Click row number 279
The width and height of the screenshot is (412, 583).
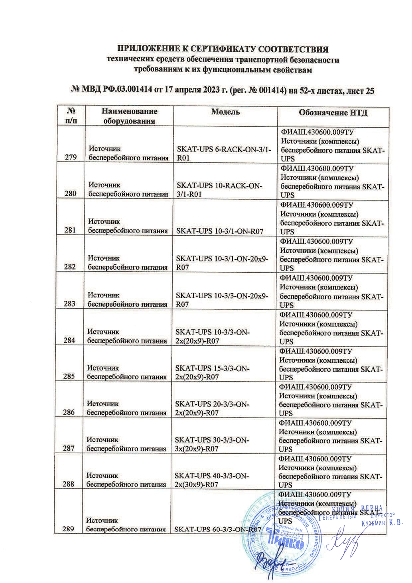tap(71, 158)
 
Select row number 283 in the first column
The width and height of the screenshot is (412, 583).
tap(71, 304)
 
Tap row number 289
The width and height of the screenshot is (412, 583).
tap(71, 529)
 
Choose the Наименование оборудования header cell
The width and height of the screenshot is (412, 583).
tap(129, 116)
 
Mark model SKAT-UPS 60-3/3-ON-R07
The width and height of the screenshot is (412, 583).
tap(218, 529)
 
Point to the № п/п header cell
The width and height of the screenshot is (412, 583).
tap(71, 116)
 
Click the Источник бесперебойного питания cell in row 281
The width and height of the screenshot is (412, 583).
tap(128, 227)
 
